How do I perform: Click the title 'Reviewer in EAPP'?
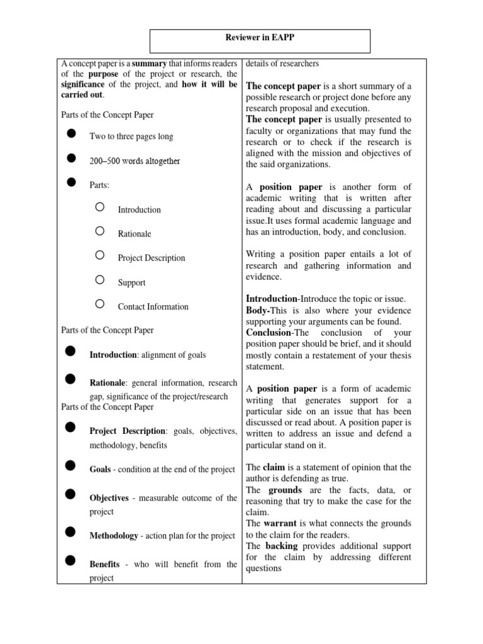pyautogui.click(x=260, y=38)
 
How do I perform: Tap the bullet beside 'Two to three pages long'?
pyautogui.click(x=71, y=134)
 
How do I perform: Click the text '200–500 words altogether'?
pyautogui.click(x=135, y=161)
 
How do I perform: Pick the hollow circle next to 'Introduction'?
pyautogui.click(x=100, y=207)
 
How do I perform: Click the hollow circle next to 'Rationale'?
pyautogui.click(x=100, y=231)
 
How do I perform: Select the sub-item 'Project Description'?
pyautogui.click(x=152, y=258)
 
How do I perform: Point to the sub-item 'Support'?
pyautogui.click(x=131, y=282)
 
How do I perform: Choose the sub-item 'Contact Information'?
pyautogui.click(x=153, y=307)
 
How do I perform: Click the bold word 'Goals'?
pyautogui.click(x=101, y=470)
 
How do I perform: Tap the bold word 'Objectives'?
pyautogui.click(x=109, y=497)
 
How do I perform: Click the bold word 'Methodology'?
pyautogui.click(x=114, y=536)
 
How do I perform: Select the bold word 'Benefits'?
pyautogui.click(x=104, y=564)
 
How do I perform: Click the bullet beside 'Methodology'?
pyautogui.click(x=71, y=533)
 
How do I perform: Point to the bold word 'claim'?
pyautogui.click(x=274, y=467)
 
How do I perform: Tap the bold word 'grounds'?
pyautogui.click(x=285, y=490)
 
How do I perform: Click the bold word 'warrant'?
pyautogui.click(x=280, y=523)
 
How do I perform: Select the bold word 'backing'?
pyautogui.click(x=282, y=546)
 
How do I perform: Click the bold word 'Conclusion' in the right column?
pyautogui.click(x=269, y=332)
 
